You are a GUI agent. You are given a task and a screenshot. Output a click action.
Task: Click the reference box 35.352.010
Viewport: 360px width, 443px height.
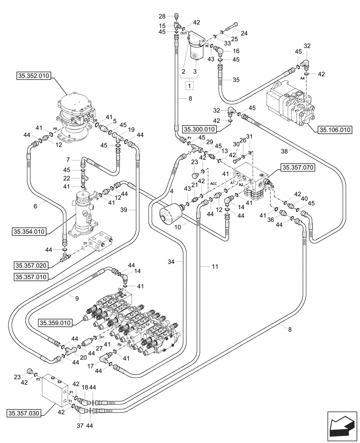tap(33, 76)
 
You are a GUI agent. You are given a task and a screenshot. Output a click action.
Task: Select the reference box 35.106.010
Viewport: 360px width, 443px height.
tap(334, 130)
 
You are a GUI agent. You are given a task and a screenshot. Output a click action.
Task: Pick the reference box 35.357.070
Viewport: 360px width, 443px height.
tap(297, 168)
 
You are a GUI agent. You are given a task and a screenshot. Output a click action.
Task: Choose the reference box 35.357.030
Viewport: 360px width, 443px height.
tap(24, 413)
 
